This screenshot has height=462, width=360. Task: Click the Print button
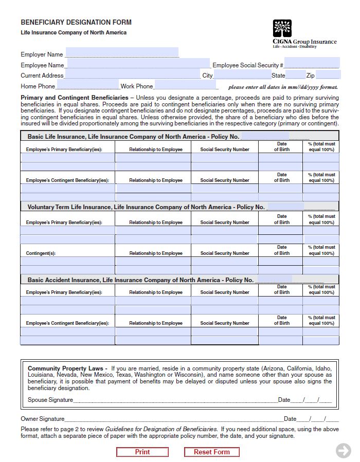coord(142,452)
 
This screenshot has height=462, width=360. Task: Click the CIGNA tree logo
coord(282,29)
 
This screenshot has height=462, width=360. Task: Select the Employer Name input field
coord(122,53)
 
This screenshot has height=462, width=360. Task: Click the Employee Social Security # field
coord(312,64)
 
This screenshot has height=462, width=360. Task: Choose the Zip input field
coord(328,75)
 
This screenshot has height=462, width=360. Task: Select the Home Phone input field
coord(87,85)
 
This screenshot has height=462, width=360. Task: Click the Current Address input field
coord(132,75)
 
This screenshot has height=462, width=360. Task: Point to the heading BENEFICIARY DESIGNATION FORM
coord(76,23)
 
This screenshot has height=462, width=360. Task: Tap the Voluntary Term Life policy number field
coord(286,207)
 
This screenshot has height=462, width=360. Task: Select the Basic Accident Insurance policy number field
coord(274,280)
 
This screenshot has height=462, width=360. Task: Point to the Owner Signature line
coord(174,418)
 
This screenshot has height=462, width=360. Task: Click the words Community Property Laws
coord(67,368)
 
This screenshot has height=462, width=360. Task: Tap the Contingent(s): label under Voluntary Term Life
coord(41,253)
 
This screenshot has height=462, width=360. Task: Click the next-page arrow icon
coord(343,451)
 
